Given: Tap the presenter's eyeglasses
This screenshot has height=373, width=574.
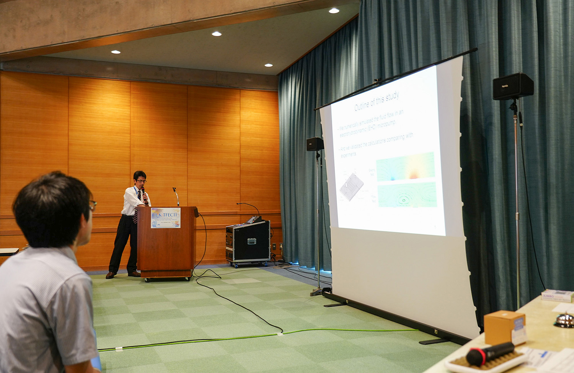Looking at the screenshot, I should (140, 181).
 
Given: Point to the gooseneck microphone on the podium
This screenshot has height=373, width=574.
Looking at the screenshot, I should (176, 195).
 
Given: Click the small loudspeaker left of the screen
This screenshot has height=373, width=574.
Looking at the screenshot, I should (315, 144).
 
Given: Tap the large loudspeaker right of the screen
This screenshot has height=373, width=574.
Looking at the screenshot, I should (513, 86).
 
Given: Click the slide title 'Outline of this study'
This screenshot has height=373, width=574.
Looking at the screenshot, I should (377, 101).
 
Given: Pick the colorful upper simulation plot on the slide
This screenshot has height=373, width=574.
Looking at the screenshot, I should (406, 167).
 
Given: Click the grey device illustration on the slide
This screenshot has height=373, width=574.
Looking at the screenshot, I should (351, 187).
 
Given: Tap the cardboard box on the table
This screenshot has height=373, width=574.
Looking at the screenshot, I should (504, 327).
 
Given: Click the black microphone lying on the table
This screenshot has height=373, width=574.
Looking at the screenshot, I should (490, 353).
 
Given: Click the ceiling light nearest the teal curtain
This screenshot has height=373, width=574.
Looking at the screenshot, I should (334, 11).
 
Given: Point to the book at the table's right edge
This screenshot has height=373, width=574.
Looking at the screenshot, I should (557, 296).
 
